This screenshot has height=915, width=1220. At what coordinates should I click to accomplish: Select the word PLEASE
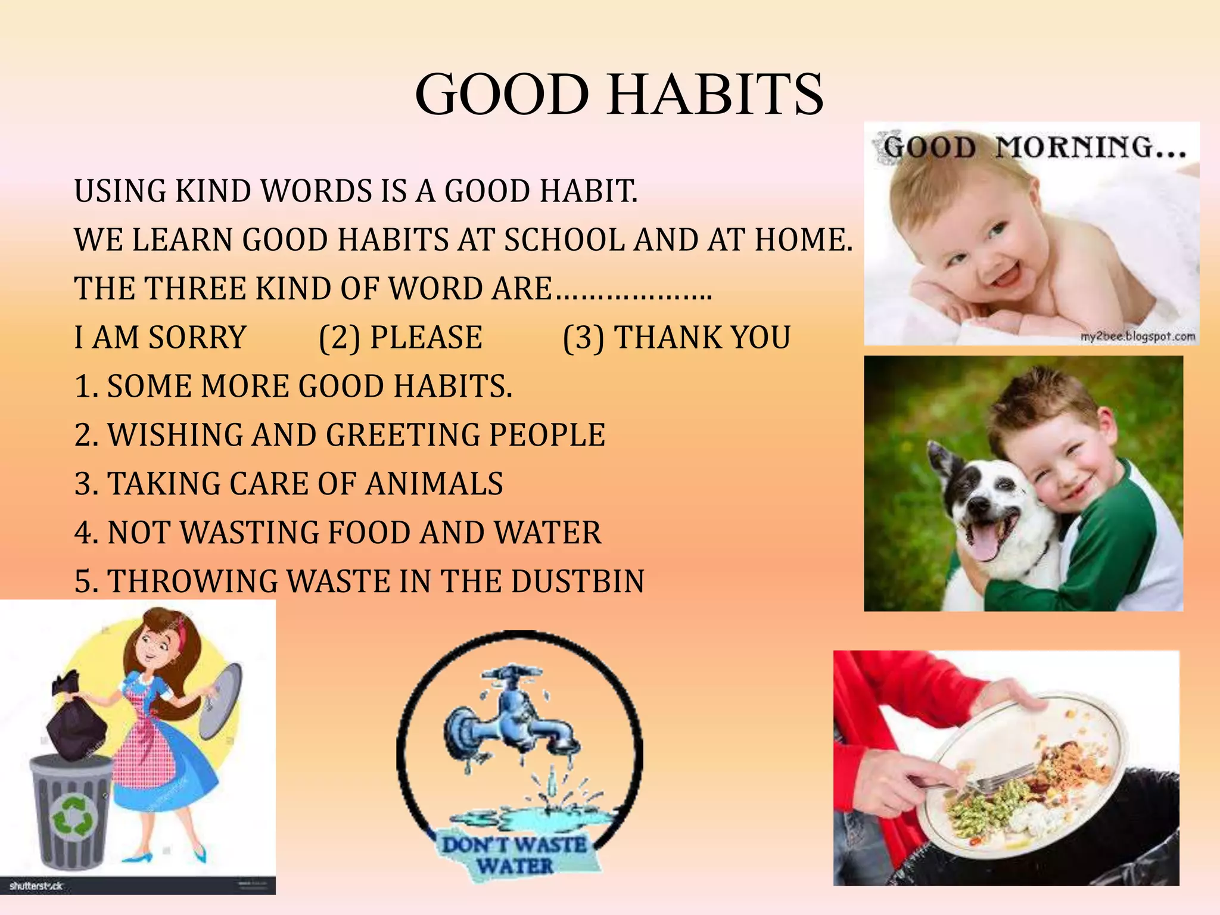click(427, 338)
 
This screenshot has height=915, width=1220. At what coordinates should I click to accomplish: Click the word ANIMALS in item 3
click(434, 484)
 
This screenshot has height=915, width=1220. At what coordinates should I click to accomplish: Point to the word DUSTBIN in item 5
click(577, 581)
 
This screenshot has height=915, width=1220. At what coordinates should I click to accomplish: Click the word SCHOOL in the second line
click(565, 240)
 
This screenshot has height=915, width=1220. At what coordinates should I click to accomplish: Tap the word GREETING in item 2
click(403, 435)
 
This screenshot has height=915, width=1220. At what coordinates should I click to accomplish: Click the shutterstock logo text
click(36, 886)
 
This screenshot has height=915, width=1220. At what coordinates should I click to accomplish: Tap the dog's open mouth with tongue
click(986, 539)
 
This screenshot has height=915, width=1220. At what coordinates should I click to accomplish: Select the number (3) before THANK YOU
click(584, 338)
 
